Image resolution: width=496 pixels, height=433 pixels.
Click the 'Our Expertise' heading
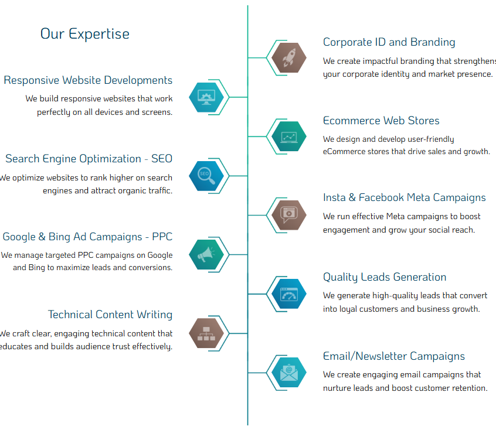point(84,34)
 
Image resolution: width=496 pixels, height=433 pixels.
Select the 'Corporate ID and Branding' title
point(389,42)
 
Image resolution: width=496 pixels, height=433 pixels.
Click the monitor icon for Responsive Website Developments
point(206,97)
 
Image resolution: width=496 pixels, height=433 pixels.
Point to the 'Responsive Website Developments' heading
point(88,80)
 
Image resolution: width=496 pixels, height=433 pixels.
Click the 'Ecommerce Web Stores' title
point(381,121)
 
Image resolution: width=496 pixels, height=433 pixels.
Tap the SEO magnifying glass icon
point(206,175)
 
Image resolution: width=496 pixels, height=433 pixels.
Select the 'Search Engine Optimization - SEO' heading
point(89,159)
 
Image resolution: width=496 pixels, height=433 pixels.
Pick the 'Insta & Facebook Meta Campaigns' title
point(404,197)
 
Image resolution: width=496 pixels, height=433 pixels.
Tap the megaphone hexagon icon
point(206,254)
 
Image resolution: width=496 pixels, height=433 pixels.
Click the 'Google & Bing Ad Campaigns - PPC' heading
point(87,237)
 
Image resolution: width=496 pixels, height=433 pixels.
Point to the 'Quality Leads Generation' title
point(385,277)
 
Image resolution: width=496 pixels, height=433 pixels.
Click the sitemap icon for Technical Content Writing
point(206,333)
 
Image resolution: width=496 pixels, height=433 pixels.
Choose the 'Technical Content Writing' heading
point(110,315)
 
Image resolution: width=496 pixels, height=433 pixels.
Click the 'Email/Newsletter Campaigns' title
point(394,356)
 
